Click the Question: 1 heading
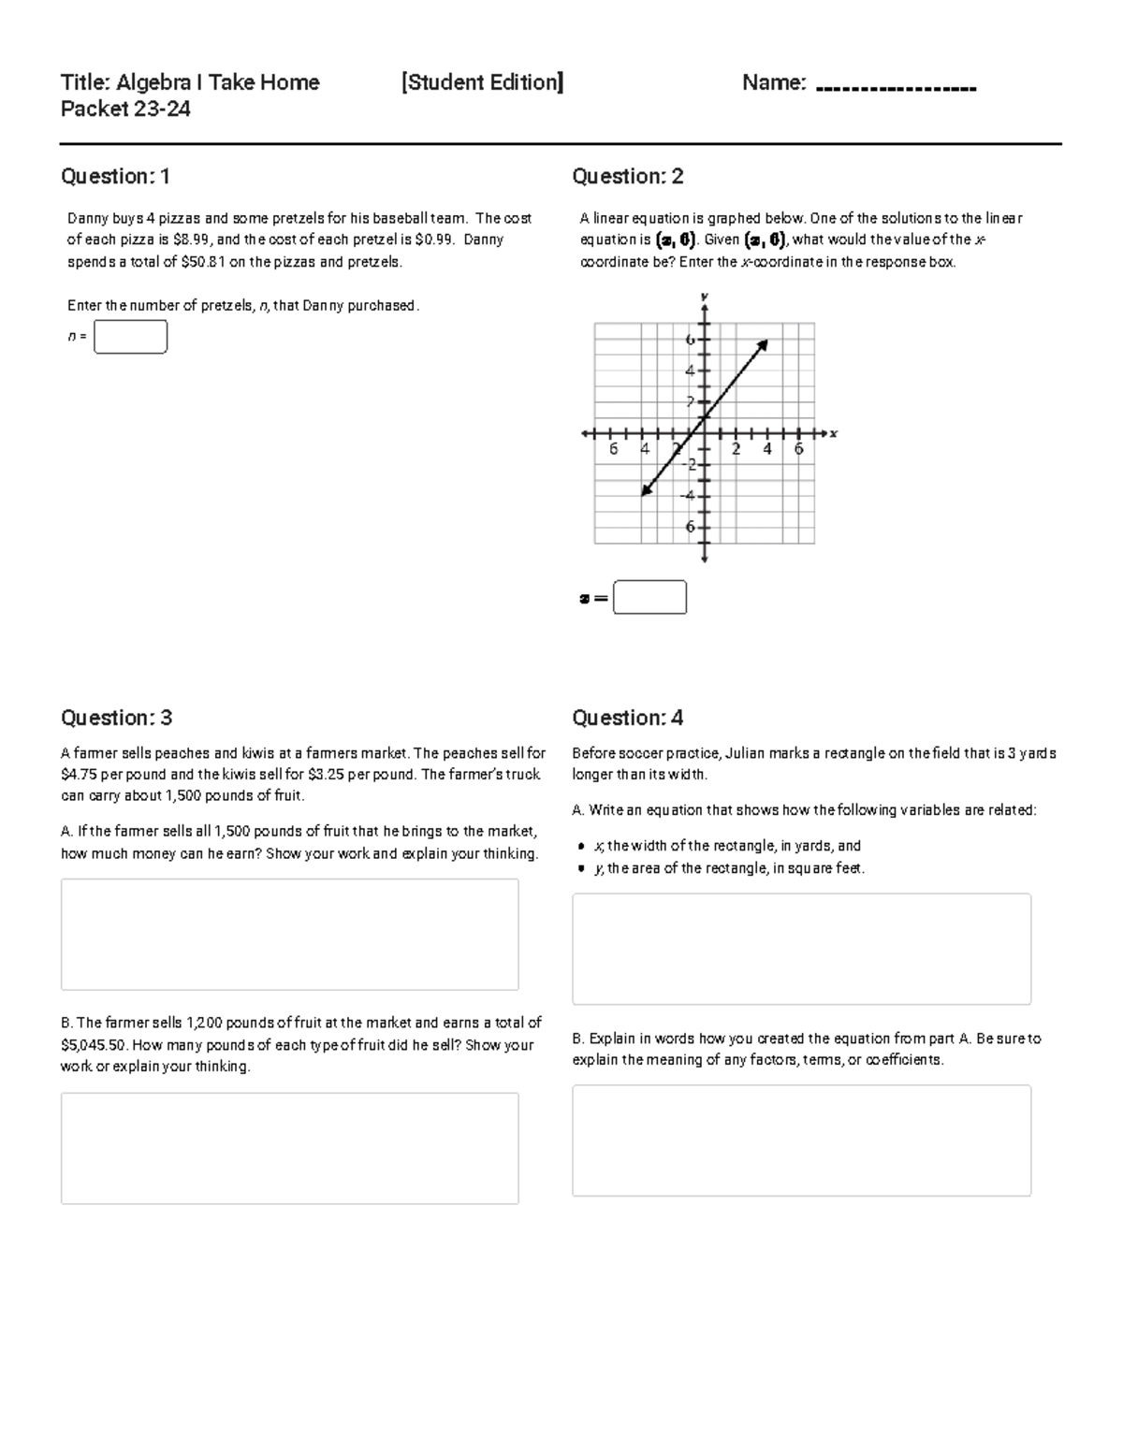(x=115, y=176)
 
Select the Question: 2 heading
(x=627, y=176)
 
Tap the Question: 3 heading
(x=116, y=718)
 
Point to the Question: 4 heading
(x=627, y=718)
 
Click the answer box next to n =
(x=130, y=337)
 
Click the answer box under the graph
(x=649, y=597)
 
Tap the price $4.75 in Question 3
(x=79, y=775)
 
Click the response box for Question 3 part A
(x=289, y=934)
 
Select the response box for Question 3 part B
(x=289, y=1148)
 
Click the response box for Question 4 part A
(x=801, y=949)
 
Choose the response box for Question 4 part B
(x=801, y=1141)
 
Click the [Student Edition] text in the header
(x=482, y=82)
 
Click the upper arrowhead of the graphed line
(x=763, y=344)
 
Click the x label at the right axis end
(x=833, y=433)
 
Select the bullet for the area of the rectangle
(x=581, y=868)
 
